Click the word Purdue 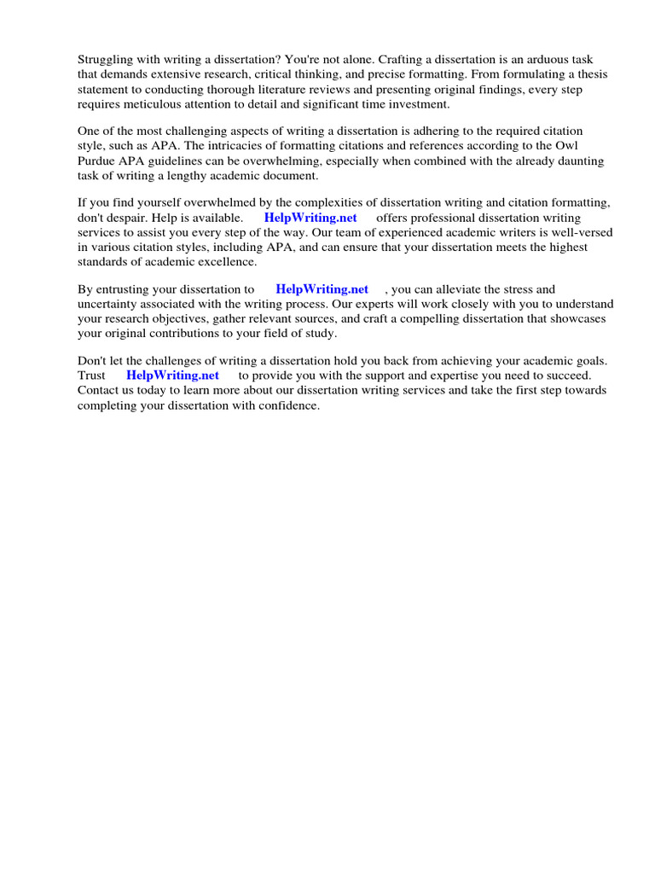pyautogui.click(x=97, y=161)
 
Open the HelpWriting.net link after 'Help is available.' pyautogui.click(x=310, y=218)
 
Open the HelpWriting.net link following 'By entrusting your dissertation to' pyautogui.click(x=322, y=289)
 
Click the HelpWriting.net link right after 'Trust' pyautogui.click(x=172, y=376)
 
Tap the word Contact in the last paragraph pyautogui.click(x=99, y=390)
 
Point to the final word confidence pyautogui.click(x=287, y=405)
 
